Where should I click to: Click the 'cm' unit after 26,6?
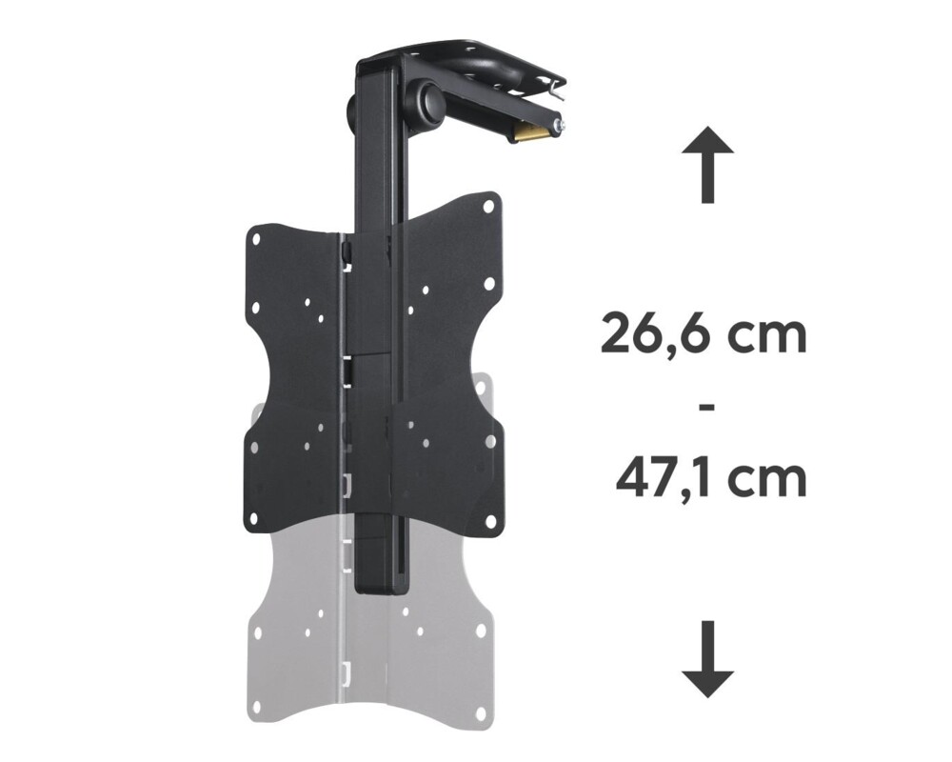pos(767,336)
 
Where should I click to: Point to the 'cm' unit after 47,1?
pos(769,479)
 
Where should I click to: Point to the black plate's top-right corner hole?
pos(488,205)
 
